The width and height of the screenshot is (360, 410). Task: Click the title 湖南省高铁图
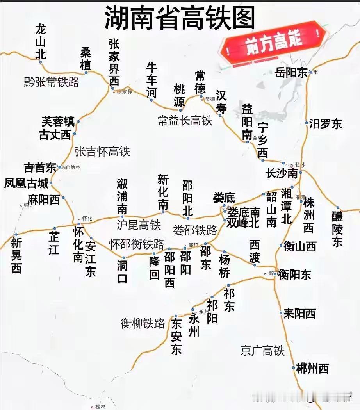coord(180,17)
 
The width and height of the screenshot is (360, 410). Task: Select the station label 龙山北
coord(41,41)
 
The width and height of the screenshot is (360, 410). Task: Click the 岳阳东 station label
coord(291,73)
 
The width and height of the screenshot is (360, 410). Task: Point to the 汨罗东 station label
coord(325,124)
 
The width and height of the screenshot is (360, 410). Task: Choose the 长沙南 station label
coord(282,173)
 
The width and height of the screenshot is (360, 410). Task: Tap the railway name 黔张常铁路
coord(51,82)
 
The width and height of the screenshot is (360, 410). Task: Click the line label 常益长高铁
coord(185,120)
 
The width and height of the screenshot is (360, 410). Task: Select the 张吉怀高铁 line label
coord(102,151)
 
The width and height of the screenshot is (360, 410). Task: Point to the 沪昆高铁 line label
coord(139,225)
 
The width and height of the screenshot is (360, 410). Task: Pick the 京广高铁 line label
coord(262,351)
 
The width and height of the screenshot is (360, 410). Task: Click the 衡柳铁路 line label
coord(143,323)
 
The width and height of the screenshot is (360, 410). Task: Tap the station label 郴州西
coord(312,368)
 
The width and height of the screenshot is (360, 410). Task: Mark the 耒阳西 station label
coord(299,313)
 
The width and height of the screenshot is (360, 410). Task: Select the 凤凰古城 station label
coord(27,183)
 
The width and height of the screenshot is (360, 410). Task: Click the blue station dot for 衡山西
coord(281,246)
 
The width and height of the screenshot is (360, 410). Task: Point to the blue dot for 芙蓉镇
coord(78,121)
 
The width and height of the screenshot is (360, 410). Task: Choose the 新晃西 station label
coord(16,255)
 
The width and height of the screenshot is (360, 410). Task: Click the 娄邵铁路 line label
coord(195,230)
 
